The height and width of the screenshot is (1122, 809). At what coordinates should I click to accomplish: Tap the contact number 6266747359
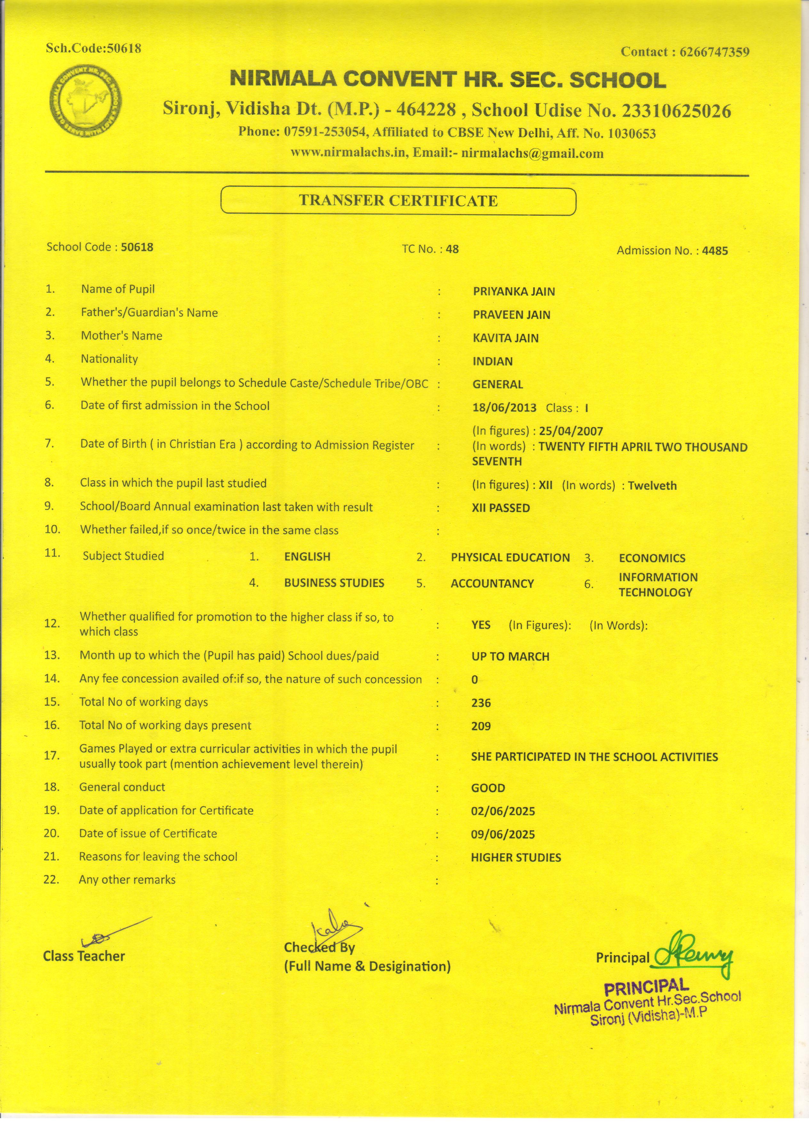[x=715, y=52]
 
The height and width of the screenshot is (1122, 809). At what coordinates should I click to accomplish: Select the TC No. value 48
[x=452, y=249]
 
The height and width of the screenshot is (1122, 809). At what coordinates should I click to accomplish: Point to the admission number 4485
[x=715, y=251]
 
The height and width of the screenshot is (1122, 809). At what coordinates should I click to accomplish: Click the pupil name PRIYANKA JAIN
[x=514, y=291]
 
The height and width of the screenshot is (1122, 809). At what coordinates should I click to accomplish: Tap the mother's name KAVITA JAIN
[x=505, y=338]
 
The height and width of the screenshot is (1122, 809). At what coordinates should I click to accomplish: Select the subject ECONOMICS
[x=652, y=558]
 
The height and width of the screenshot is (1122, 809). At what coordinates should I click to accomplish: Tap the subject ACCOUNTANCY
[x=492, y=583]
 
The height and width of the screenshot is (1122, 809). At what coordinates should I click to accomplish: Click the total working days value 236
[x=481, y=703]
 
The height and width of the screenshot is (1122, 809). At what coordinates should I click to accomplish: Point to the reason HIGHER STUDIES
[x=516, y=857]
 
